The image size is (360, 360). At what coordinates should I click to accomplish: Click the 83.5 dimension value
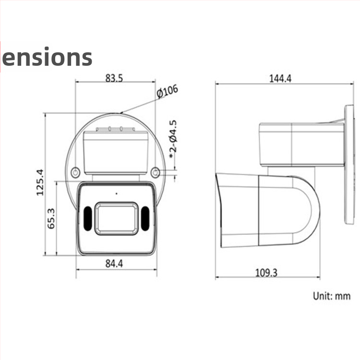click(114, 77)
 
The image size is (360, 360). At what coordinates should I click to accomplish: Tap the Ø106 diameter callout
click(167, 91)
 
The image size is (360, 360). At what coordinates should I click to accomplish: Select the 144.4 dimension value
click(280, 79)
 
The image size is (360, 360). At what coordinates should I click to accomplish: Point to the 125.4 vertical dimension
click(39, 182)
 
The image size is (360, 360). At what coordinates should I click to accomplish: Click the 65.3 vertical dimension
click(51, 218)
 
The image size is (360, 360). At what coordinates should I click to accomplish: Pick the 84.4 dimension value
click(114, 263)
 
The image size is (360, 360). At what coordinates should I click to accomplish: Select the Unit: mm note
click(332, 296)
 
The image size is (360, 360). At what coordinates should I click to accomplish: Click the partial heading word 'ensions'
click(47, 57)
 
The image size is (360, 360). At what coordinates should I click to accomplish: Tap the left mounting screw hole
click(75, 172)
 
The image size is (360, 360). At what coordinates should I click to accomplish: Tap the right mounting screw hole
click(155, 172)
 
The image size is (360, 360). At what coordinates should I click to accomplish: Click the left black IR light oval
click(87, 219)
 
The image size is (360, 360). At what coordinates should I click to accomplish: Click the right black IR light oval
click(144, 219)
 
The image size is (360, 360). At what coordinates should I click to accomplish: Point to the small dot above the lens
click(116, 193)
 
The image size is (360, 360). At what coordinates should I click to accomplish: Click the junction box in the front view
click(115, 151)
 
